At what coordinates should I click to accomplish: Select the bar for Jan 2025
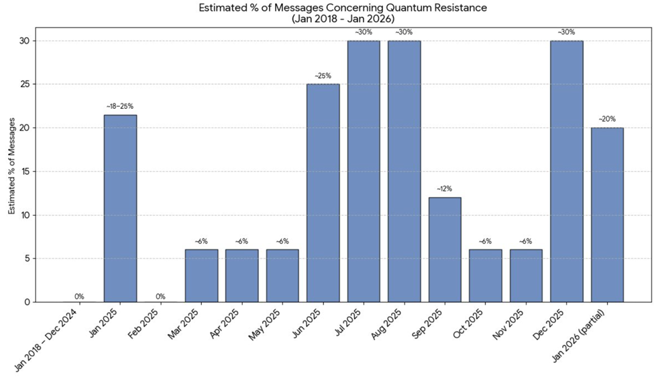click(x=120, y=208)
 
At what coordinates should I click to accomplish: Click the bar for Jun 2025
click(x=323, y=193)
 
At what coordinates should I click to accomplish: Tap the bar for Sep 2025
click(x=445, y=249)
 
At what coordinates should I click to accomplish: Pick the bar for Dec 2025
click(x=566, y=171)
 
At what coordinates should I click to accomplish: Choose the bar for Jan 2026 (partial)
click(x=607, y=215)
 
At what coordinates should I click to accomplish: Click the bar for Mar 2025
click(x=201, y=276)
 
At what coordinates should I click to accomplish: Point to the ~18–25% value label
click(x=120, y=106)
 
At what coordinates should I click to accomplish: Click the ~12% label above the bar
click(x=445, y=188)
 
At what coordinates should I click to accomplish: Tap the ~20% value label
click(x=607, y=119)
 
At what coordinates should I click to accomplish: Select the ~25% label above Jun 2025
click(x=323, y=75)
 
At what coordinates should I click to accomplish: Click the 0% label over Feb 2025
click(x=160, y=296)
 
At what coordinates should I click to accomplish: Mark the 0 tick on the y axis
click(x=26, y=302)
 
